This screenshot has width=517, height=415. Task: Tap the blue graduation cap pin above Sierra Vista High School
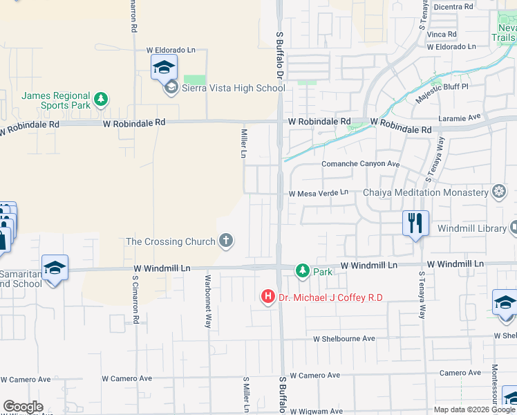[x=164, y=67]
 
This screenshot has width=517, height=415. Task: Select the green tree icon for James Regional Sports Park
[x=102, y=99]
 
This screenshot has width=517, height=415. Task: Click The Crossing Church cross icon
[x=225, y=241]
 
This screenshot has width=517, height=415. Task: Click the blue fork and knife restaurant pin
[x=415, y=223]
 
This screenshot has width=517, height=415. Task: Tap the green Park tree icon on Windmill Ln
[x=303, y=271]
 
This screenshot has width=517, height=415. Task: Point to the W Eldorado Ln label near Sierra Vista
[x=171, y=50]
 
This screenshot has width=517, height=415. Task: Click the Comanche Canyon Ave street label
[x=361, y=164]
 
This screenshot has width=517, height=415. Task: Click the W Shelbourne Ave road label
[x=344, y=339]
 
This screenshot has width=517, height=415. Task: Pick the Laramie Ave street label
[x=464, y=118]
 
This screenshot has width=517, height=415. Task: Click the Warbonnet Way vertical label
[x=207, y=298]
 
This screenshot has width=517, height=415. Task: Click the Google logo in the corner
[x=23, y=407]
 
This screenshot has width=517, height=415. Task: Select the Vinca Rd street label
[x=442, y=34]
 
